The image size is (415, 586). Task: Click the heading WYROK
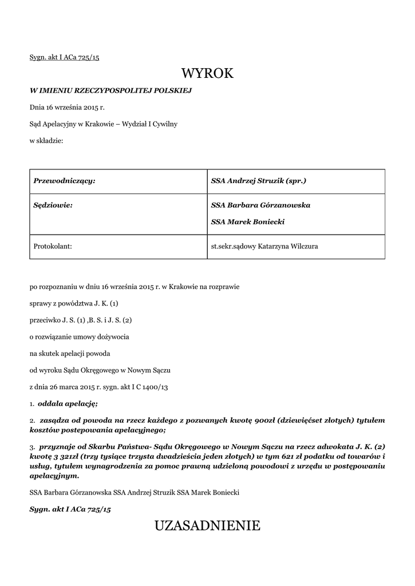[207, 73]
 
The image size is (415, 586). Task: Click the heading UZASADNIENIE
[207, 525]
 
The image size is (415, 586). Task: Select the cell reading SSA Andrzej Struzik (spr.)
[259, 181]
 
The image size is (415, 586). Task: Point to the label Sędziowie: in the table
[53, 204]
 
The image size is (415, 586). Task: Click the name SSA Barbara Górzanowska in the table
[260, 204]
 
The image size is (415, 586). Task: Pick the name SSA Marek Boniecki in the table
[248, 221]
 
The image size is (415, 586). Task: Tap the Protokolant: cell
[56, 247]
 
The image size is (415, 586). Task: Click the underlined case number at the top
[64, 57]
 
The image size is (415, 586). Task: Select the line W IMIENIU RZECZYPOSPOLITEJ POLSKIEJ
[110, 90]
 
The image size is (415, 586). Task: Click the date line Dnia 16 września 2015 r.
[67, 107]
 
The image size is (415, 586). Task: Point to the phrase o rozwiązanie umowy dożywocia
[79, 337]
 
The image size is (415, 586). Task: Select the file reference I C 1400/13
[149, 387]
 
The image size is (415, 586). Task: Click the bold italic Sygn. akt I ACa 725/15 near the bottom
[70, 509]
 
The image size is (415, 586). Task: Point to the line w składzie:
[46, 140]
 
